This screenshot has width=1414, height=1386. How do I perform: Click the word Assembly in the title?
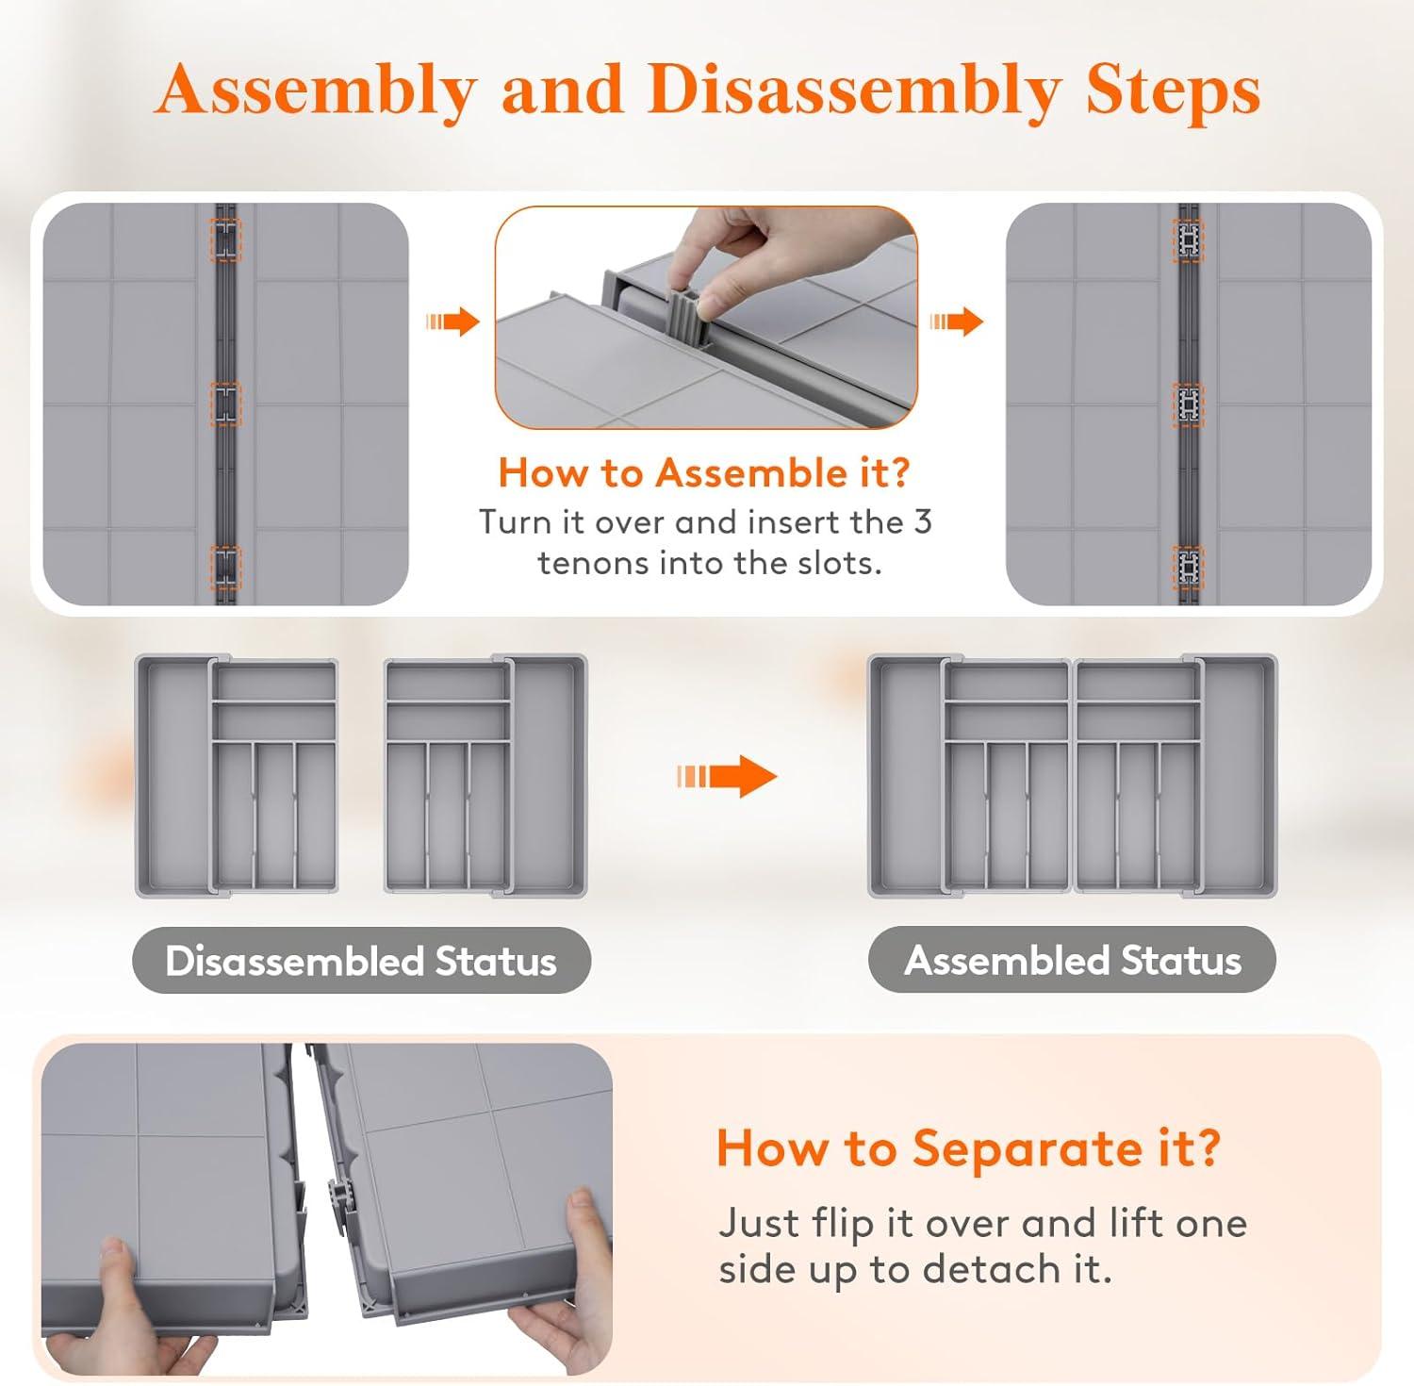316,92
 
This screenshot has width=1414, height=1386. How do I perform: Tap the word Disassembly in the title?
853,92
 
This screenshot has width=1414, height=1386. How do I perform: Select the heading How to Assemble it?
704,472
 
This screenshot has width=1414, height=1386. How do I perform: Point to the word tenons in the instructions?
593,563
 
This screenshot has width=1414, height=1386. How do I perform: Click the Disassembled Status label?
361,961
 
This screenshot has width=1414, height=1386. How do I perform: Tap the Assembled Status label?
1073,960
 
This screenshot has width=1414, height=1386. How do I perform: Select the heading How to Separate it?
968,1148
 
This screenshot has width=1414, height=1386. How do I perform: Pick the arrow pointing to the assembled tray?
726,777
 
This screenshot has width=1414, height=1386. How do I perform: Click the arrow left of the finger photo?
452,322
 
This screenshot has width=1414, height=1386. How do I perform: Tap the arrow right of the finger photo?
956,322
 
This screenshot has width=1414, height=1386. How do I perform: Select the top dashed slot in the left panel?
225,240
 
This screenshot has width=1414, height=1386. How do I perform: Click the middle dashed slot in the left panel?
225,404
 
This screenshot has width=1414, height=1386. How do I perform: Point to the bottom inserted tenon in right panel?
1189,567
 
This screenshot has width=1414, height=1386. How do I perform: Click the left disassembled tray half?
237,776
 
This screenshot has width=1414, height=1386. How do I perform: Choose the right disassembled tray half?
485,774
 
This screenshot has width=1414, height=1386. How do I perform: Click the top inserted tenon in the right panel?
1189,240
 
